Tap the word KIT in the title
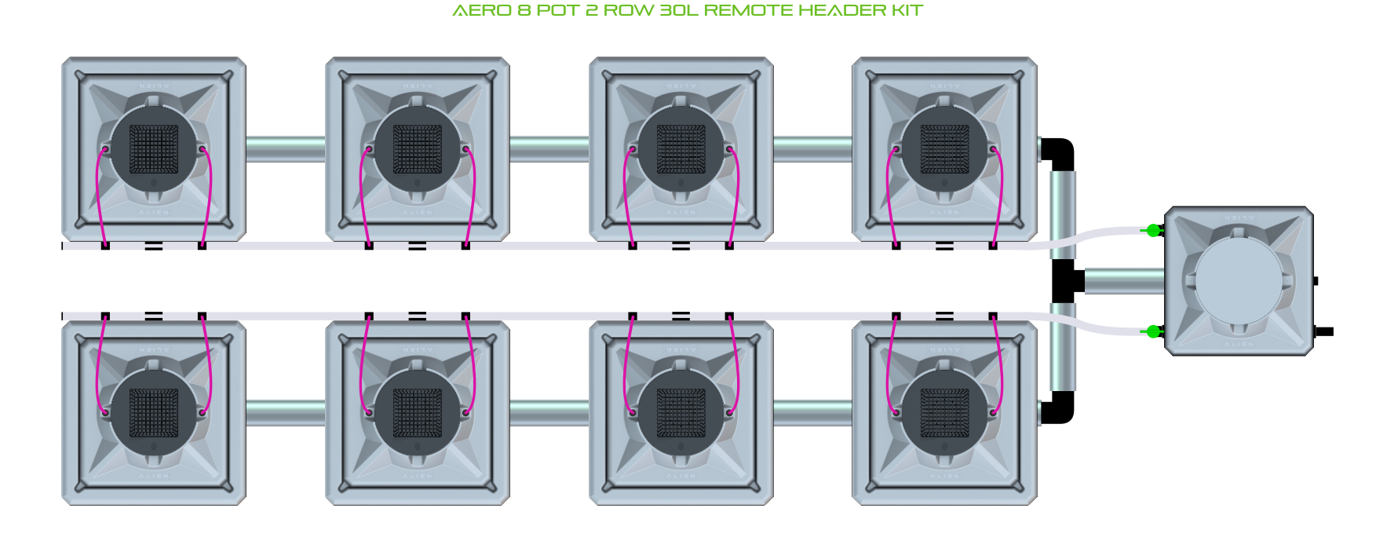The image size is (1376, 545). click(907, 11)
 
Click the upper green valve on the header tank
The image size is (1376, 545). click(1152, 230)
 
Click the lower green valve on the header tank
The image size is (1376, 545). click(1152, 331)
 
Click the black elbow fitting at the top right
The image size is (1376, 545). click(1059, 153)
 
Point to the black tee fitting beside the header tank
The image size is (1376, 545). click(1066, 280)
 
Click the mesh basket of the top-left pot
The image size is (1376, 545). click(154, 148)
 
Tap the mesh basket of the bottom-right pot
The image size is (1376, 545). click(944, 412)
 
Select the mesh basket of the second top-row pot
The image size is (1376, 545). click(418, 148)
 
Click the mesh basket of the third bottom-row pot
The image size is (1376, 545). click(681, 412)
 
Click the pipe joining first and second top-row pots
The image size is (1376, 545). click(286, 149)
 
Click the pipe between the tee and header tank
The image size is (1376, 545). click(1124, 280)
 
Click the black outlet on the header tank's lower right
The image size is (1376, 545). click(1324, 331)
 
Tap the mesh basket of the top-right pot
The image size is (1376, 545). click(944, 148)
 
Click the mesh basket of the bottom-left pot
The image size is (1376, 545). click(154, 412)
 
